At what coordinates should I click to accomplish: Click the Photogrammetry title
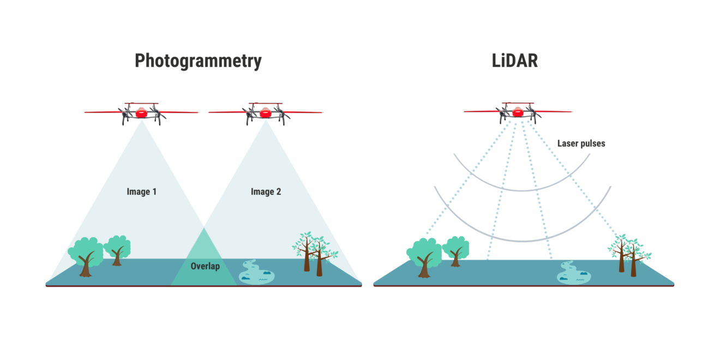click(x=198, y=61)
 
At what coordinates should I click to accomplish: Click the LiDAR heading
click(x=514, y=61)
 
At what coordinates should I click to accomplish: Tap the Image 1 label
click(x=142, y=191)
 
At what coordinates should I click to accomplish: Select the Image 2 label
click(x=266, y=191)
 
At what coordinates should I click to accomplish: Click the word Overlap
click(x=205, y=266)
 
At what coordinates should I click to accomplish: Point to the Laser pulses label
click(x=581, y=144)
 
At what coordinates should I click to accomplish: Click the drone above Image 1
click(x=141, y=113)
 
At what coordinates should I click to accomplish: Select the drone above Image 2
click(x=266, y=113)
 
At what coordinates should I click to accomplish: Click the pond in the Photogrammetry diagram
click(x=256, y=273)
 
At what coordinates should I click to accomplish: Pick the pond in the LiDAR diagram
click(x=574, y=274)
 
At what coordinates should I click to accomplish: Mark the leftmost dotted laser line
click(x=469, y=180)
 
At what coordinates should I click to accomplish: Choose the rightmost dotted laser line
click(x=573, y=180)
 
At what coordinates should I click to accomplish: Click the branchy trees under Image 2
click(x=315, y=253)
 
